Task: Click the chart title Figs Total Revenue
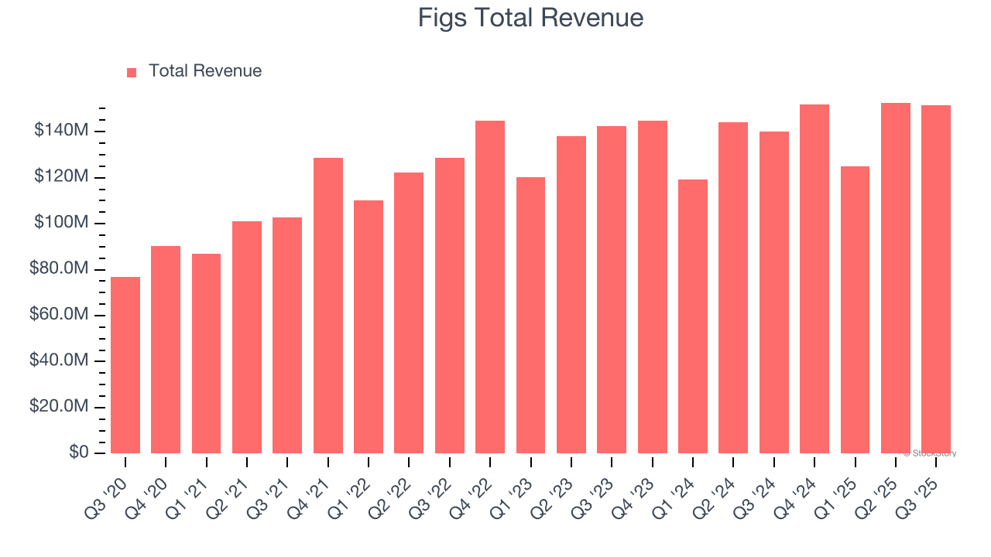(530, 17)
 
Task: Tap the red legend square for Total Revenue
(132, 72)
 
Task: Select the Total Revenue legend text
(205, 71)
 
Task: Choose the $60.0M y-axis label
(59, 315)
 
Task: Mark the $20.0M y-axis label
(59, 407)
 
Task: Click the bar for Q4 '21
(328, 306)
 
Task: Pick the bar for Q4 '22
(490, 287)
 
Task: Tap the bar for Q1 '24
(693, 316)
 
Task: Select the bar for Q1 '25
(855, 309)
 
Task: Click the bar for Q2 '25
(896, 278)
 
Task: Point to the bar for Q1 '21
(206, 354)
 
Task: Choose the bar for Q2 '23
(571, 295)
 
